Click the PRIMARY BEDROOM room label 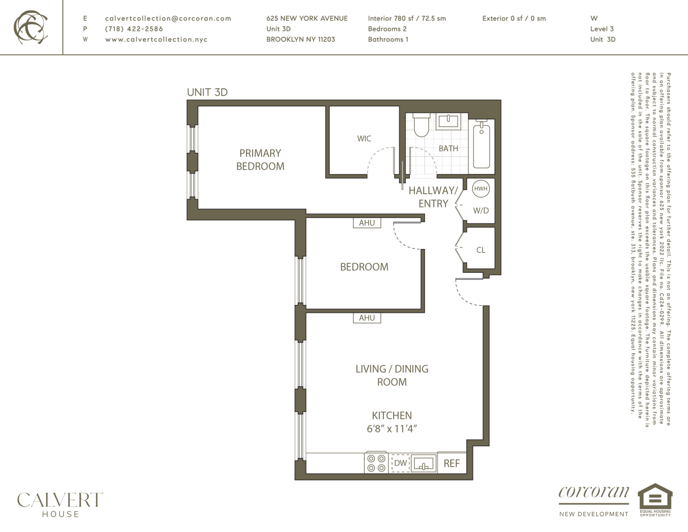point(260,160)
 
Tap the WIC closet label point(364,138)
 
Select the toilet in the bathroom point(421,124)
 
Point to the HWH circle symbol point(481,188)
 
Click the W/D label point(481,211)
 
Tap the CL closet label point(481,250)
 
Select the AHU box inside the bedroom point(367,223)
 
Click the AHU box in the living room point(367,318)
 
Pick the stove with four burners point(376,463)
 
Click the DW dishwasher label point(400,463)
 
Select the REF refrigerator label point(451,463)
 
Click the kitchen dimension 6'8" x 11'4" point(391,429)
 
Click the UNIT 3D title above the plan point(207,92)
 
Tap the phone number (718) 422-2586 point(134,29)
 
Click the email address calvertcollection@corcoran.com point(168,18)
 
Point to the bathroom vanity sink point(448,122)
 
